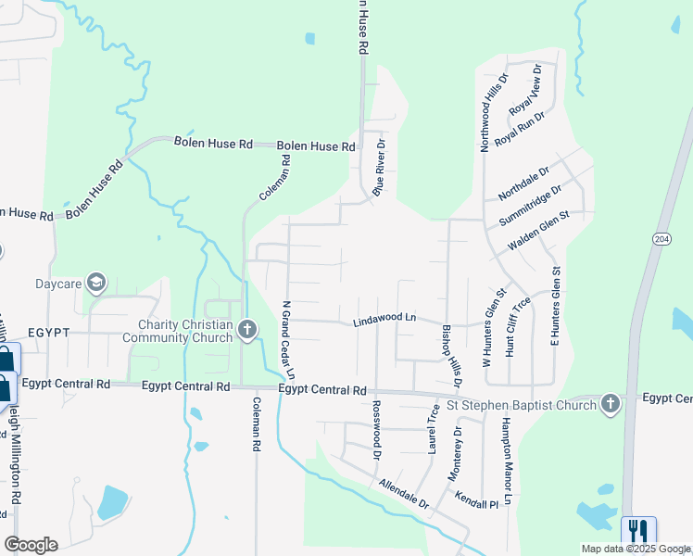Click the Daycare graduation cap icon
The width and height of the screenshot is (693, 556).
click(x=95, y=283)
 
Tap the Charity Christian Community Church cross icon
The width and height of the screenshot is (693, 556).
click(x=246, y=329)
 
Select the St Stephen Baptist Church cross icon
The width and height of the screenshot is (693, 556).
click(x=609, y=403)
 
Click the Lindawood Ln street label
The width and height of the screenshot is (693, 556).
click(x=384, y=318)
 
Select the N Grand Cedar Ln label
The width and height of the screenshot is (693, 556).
click(x=288, y=339)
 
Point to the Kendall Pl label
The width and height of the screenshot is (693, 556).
click(x=477, y=501)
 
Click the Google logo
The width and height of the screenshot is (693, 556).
click(x=31, y=545)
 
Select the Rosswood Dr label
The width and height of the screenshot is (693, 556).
click(x=376, y=430)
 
